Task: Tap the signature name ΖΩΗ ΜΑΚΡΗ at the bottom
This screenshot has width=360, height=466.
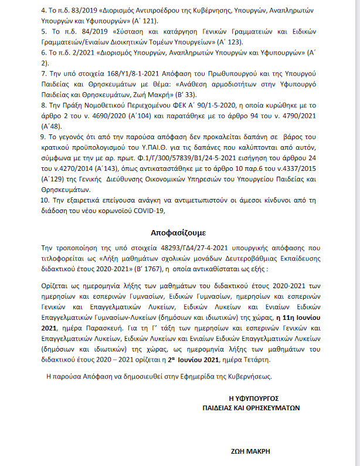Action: pyautogui.click(x=253, y=453)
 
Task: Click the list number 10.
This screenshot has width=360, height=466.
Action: pyautogui.click(x=44, y=200)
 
